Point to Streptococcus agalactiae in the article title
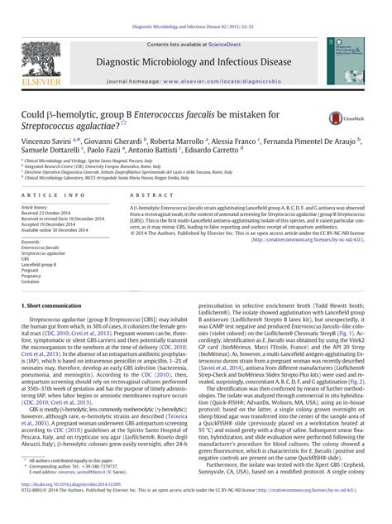tap(71, 123)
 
